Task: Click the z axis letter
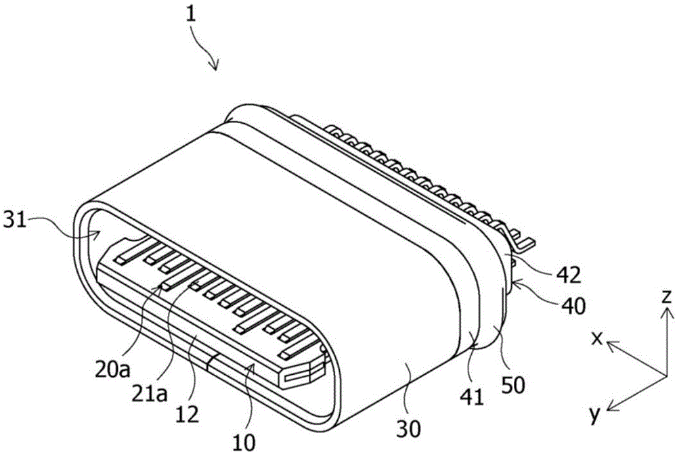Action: (x=666, y=296)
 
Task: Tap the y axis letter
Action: (x=595, y=415)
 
